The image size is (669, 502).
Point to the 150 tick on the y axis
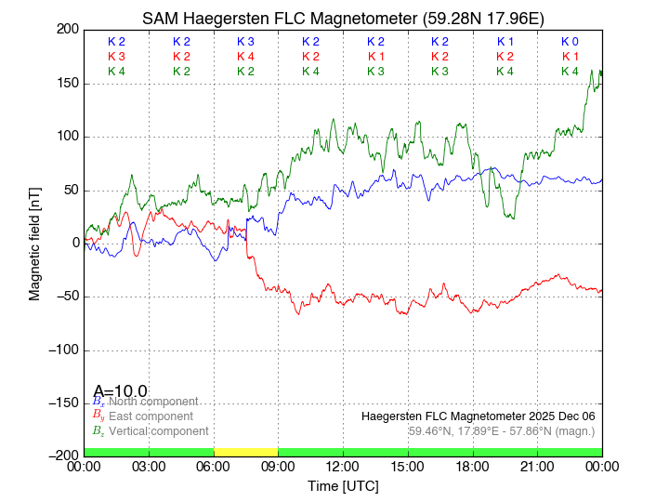tap(68, 84)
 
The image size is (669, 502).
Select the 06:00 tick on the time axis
tap(214, 466)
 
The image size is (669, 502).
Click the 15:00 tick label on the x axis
tap(408, 466)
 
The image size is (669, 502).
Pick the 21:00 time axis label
tap(537, 466)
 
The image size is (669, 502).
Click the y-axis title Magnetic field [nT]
tap(34, 242)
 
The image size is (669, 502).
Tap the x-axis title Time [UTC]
tap(343, 485)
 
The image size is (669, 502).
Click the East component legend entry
tap(150, 416)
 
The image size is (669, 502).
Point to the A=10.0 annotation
tap(120, 390)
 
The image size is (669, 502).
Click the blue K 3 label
tap(245, 42)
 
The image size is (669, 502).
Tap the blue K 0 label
tap(570, 42)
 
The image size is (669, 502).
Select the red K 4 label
tap(245, 57)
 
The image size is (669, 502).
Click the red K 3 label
tap(116, 57)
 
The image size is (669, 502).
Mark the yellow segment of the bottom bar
tap(245, 452)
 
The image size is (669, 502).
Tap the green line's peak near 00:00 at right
tap(599, 71)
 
